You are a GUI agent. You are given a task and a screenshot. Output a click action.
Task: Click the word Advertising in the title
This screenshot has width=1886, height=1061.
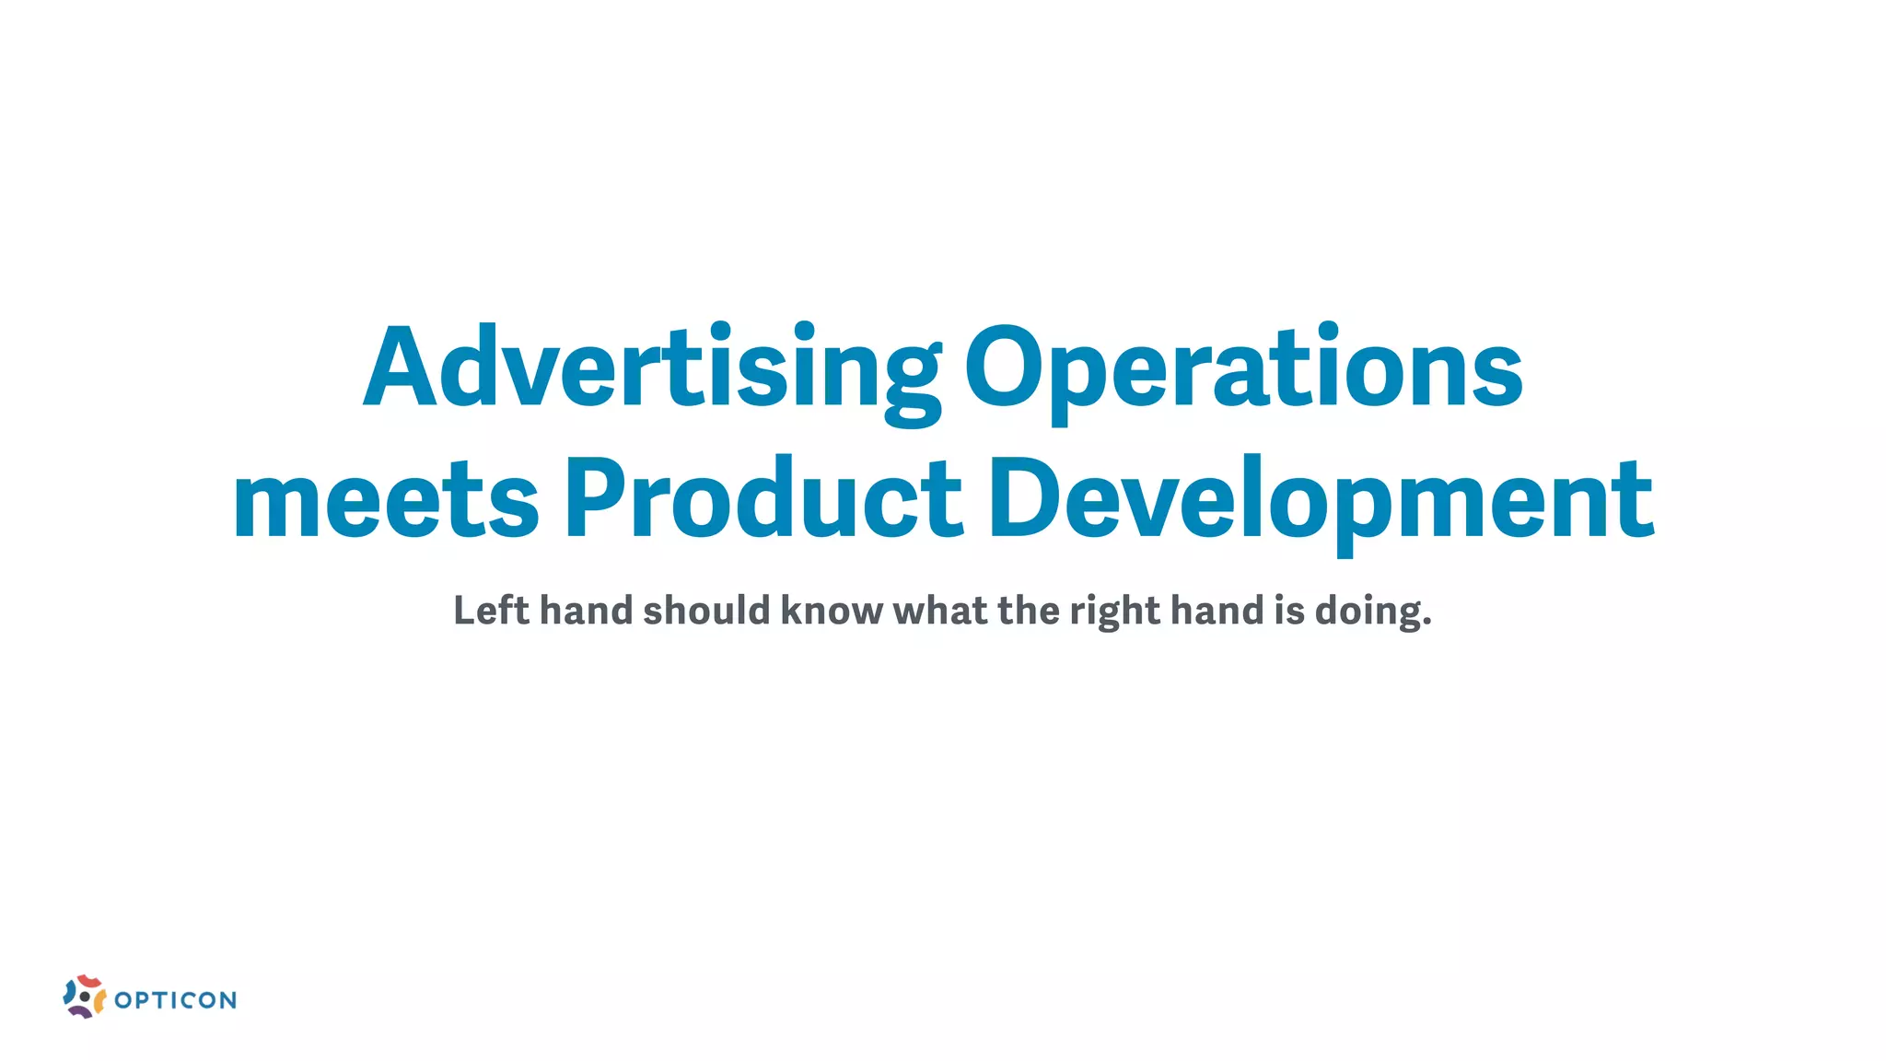point(652,368)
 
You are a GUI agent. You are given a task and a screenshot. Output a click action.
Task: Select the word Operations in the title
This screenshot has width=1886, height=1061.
point(1243,368)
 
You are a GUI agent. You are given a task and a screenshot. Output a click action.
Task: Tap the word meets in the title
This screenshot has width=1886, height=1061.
point(385,500)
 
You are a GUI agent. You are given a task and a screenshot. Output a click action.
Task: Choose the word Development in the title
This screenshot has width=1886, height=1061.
point(1321,500)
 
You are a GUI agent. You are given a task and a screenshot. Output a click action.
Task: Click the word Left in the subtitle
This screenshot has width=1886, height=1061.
point(491,611)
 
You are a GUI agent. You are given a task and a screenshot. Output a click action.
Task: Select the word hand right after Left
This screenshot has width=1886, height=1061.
point(587,611)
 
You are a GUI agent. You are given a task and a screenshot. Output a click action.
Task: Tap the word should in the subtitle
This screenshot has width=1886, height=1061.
point(706,611)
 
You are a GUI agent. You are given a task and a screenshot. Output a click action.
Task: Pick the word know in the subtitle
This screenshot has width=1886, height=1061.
point(832,611)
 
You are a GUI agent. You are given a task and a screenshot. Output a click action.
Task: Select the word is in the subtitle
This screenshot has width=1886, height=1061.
point(1289,611)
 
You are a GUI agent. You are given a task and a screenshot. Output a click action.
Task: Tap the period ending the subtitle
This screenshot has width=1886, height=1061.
point(1427,623)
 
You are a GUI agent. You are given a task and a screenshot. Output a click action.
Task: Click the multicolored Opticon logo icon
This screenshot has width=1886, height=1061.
point(84,997)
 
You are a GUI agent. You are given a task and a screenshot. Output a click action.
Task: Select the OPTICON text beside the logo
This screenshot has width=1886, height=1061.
point(176,1000)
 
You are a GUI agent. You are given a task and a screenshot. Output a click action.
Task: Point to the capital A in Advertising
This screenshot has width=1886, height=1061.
point(399,368)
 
